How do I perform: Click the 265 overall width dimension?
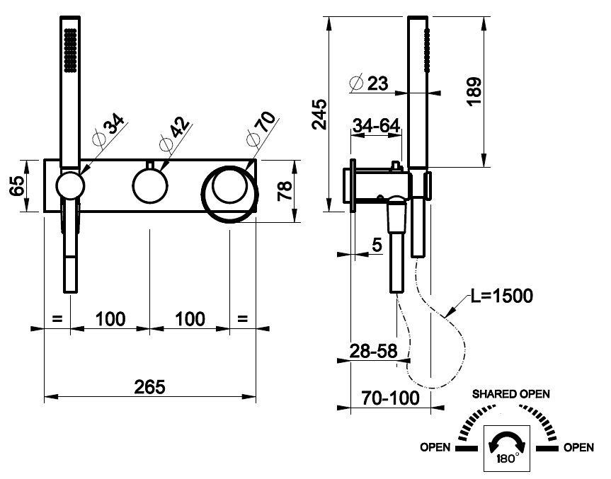point(149,387)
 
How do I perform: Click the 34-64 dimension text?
point(376,126)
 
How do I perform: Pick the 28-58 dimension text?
point(371,350)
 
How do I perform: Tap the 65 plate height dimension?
point(17,186)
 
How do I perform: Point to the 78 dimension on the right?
point(285,191)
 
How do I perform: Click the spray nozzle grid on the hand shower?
point(69,50)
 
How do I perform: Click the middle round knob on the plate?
point(149,187)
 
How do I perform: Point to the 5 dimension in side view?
point(376,245)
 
